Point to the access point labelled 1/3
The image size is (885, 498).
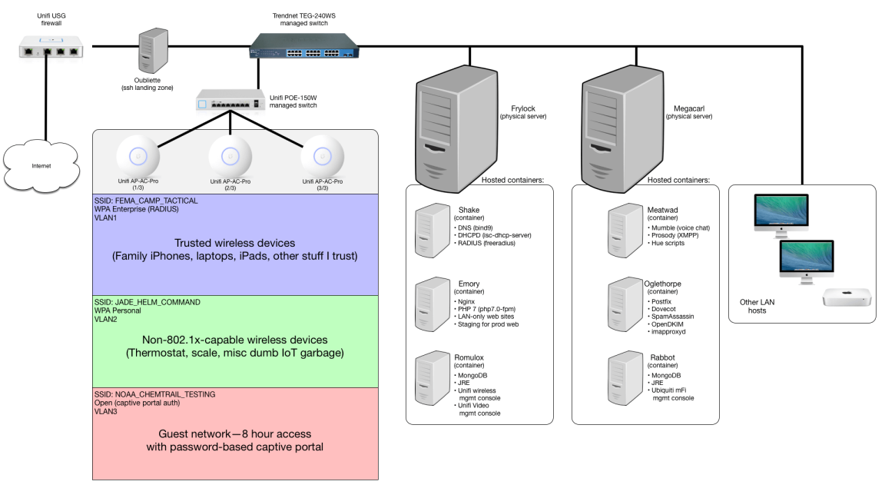coord(139,157)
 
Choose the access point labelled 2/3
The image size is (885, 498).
coord(231,157)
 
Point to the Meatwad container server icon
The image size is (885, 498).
coord(623,228)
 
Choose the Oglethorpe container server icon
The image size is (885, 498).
coord(623,303)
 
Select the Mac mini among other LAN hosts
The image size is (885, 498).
coord(846,298)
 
